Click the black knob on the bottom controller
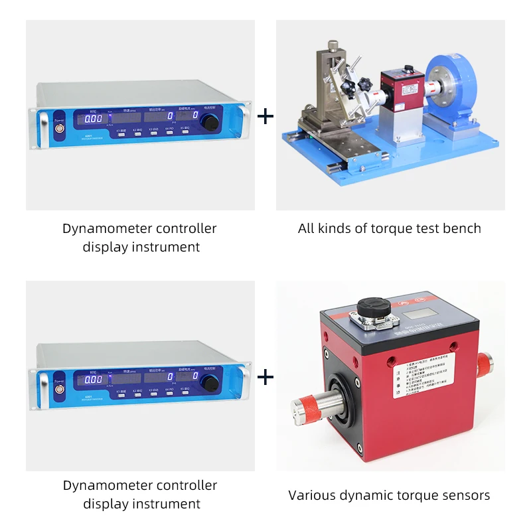pyautogui.click(x=212, y=383)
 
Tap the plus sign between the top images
pyautogui.click(x=265, y=117)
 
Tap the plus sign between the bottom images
pyautogui.click(x=265, y=378)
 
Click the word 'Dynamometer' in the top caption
pyautogui.click(x=107, y=229)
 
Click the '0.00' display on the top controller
pyautogui.click(x=93, y=118)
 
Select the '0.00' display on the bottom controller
pyautogui.click(x=93, y=380)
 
